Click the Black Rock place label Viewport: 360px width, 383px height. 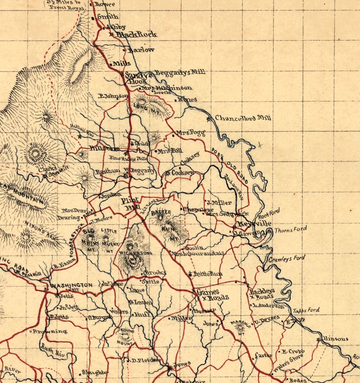point(136,34)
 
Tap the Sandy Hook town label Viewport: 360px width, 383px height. point(136,78)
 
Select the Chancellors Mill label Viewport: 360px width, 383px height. point(243,118)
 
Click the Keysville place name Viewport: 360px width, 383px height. point(255,224)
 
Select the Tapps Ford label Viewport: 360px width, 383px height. point(306,310)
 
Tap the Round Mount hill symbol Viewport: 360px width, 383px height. point(127,337)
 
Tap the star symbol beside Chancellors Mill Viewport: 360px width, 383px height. point(208,119)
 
